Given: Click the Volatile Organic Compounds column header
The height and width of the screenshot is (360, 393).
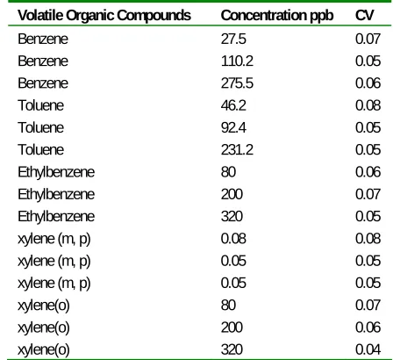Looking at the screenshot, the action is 104,15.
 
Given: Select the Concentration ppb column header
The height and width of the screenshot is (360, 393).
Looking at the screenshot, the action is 277,16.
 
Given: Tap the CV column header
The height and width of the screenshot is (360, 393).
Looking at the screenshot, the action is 364,15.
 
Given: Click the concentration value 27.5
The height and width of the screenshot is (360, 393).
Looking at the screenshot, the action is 233,39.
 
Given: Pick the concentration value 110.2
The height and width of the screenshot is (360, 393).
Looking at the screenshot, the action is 237,61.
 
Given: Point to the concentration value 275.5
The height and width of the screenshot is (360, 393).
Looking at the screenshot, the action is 237,83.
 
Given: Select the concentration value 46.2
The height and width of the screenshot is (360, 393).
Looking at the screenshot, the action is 233,105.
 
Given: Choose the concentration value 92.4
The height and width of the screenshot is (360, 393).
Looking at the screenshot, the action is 233,127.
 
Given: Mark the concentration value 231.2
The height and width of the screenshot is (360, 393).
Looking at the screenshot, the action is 237,150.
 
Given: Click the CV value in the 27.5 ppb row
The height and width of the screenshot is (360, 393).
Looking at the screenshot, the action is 368,39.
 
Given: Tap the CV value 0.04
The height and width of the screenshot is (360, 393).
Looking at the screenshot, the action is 368,349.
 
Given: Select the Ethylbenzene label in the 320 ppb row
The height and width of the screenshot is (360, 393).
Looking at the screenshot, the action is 56,217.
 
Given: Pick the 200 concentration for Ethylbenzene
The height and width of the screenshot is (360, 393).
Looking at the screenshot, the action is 232,194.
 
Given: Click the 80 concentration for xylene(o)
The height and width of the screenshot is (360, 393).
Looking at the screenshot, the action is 228,305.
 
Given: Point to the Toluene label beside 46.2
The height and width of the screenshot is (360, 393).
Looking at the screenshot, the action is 40,105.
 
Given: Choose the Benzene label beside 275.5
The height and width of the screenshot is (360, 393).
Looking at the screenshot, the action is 43,83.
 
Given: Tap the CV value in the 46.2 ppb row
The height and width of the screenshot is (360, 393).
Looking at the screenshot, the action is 368,105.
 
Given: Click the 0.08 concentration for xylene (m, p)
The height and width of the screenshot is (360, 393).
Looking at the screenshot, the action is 233,239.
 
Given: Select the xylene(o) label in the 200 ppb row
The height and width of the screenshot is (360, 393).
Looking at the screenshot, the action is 44,328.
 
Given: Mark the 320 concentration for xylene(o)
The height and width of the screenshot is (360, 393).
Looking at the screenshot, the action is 232,349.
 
